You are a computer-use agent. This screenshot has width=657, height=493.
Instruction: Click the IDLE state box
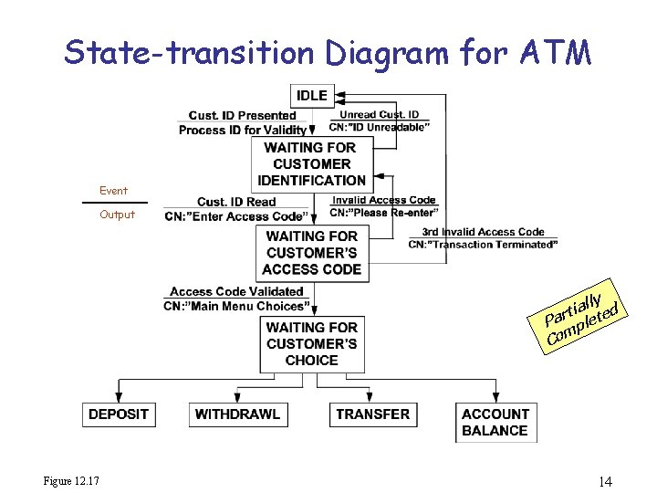click(311, 95)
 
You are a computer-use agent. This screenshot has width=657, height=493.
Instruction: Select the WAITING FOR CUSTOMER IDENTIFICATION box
click(310, 163)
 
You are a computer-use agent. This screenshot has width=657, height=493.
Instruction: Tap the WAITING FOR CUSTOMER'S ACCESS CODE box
click(311, 253)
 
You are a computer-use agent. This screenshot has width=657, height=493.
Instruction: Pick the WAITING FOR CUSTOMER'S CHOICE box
click(311, 343)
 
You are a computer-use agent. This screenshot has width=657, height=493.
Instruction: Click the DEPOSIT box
click(119, 414)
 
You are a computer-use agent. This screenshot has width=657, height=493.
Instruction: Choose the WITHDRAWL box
click(237, 414)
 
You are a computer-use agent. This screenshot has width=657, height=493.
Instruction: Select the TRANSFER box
click(372, 414)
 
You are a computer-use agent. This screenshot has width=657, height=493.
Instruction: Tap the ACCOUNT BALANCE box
click(495, 422)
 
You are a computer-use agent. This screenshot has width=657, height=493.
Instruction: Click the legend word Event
click(114, 191)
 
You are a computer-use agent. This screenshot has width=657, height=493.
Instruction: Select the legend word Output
click(117, 215)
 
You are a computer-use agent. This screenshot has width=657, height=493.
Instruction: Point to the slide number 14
click(606, 481)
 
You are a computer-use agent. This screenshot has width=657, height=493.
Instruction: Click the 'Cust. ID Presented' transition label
click(242, 115)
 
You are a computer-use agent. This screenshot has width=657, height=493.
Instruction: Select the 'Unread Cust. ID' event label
click(379, 115)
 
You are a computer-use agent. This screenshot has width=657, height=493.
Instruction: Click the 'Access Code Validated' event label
click(236, 292)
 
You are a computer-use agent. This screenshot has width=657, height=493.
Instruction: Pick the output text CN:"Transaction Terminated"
click(482, 245)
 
